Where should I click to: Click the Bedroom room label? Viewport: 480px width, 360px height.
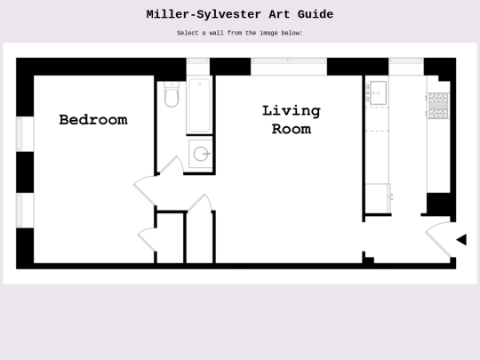(93, 120)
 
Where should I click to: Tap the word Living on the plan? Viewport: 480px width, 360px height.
(292, 111)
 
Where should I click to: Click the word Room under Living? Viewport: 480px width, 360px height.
(292, 129)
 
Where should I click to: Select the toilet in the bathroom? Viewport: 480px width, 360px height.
(172, 94)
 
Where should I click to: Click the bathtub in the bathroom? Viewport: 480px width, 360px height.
(199, 105)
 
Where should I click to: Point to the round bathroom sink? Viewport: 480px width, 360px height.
(201, 154)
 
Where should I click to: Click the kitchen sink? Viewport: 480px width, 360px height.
(377, 92)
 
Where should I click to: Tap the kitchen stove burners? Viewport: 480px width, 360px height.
(438, 106)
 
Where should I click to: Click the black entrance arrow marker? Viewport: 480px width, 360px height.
(461, 240)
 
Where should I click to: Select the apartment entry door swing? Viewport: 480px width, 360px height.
(438, 239)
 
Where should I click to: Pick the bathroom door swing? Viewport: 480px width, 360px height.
(172, 165)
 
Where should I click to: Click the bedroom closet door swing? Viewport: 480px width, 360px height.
(147, 240)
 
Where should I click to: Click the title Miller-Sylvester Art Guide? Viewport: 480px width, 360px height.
(240, 14)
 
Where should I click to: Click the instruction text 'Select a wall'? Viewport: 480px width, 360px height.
(199, 33)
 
